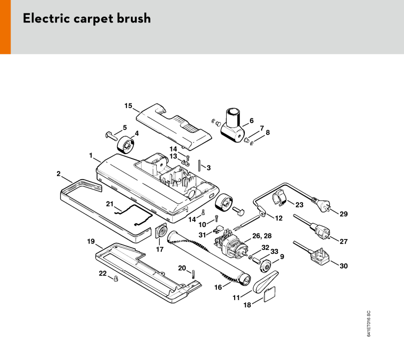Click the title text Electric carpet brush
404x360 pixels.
[x=86, y=19]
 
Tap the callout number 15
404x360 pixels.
[x=128, y=105]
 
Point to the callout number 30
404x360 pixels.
[x=344, y=265]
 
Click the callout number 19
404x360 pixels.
[x=90, y=241]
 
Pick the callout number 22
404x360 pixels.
[x=103, y=273]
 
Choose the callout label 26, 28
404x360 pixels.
[x=262, y=235]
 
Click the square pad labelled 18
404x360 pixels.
[x=269, y=294]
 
